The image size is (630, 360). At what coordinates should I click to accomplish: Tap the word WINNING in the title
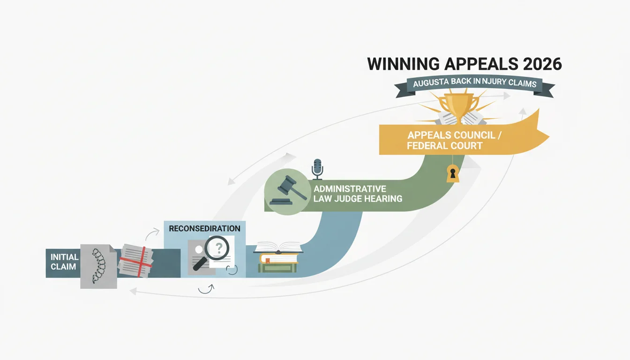point(403,64)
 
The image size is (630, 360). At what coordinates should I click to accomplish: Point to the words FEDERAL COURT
point(445,146)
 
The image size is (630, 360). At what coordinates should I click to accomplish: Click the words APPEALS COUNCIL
point(451,135)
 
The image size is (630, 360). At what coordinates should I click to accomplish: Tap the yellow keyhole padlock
point(453,174)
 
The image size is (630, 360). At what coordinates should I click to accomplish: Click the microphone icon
point(317,169)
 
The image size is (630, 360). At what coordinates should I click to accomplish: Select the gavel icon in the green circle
point(288,190)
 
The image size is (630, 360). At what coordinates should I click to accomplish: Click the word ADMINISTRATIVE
point(350,189)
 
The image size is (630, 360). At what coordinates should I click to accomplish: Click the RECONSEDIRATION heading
point(204,228)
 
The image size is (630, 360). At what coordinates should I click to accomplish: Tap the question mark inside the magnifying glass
point(219,248)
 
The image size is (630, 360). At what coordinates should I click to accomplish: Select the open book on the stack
point(278,248)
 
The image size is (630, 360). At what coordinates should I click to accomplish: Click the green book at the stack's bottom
point(277,268)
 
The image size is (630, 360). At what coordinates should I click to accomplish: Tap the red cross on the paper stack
point(136,262)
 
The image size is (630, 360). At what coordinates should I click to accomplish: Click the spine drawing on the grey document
point(98,266)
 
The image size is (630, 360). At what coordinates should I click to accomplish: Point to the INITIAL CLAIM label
point(64,262)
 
